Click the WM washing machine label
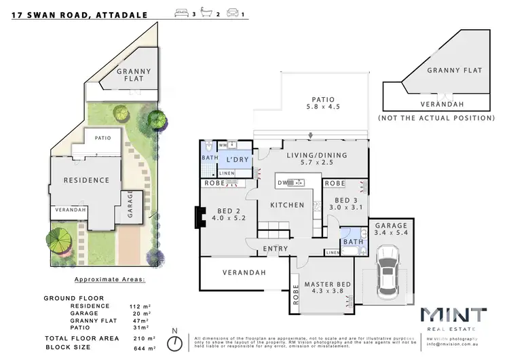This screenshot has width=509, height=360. (222, 145)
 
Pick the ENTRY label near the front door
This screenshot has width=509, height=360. (276, 249)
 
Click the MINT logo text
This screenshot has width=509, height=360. (453, 315)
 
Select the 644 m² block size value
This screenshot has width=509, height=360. (141, 347)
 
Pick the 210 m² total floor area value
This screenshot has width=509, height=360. (141, 338)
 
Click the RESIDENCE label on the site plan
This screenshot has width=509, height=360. (86, 180)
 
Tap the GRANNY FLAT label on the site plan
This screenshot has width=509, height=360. (133, 75)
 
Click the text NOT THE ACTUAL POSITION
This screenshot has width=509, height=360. (436, 118)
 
